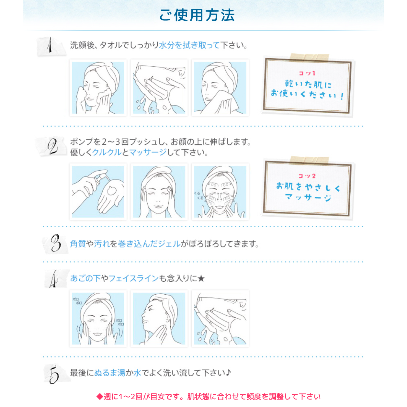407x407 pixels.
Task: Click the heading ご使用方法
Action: click(x=197, y=15)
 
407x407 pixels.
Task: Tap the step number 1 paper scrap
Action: click(x=51, y=46)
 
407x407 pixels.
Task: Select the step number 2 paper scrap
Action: click(x=51, y=146)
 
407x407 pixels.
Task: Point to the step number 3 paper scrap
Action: click(x=56, y=243)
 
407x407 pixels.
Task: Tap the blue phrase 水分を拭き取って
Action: click(x=189, y=45)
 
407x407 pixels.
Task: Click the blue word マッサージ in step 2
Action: click(x=148, y=152)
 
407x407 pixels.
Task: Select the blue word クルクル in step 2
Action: click(x=107, y=152)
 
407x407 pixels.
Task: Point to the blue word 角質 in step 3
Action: click(x=78, y=244)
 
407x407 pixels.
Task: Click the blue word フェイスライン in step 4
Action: click(x=133, y=278)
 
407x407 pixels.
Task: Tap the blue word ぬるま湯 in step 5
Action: click(x=110, y=373)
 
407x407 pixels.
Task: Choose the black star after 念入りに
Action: click(x=201, y=278)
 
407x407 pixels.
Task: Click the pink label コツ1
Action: click(x=307, y=73)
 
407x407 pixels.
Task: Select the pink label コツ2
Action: click(x=307, y=176)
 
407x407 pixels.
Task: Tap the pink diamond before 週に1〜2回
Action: click(x=100, y=397)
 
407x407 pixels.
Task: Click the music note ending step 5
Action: click(x=228, y=373)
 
